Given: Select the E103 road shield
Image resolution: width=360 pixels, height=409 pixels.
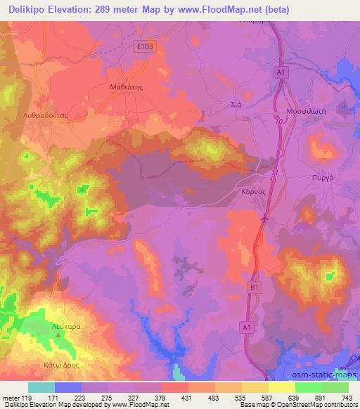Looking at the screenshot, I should click(x=146, y=46).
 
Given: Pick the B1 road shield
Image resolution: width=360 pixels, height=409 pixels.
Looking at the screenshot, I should click(x=254, y=287).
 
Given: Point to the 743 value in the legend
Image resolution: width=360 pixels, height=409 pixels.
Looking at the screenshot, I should click(x=347, y=397).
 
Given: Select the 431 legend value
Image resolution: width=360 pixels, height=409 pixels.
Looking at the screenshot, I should click(x=187, y=397).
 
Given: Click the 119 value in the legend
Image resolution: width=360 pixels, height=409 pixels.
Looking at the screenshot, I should click(x=27, y=397).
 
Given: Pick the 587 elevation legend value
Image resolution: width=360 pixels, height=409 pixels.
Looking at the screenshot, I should click(x=266, y=397).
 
